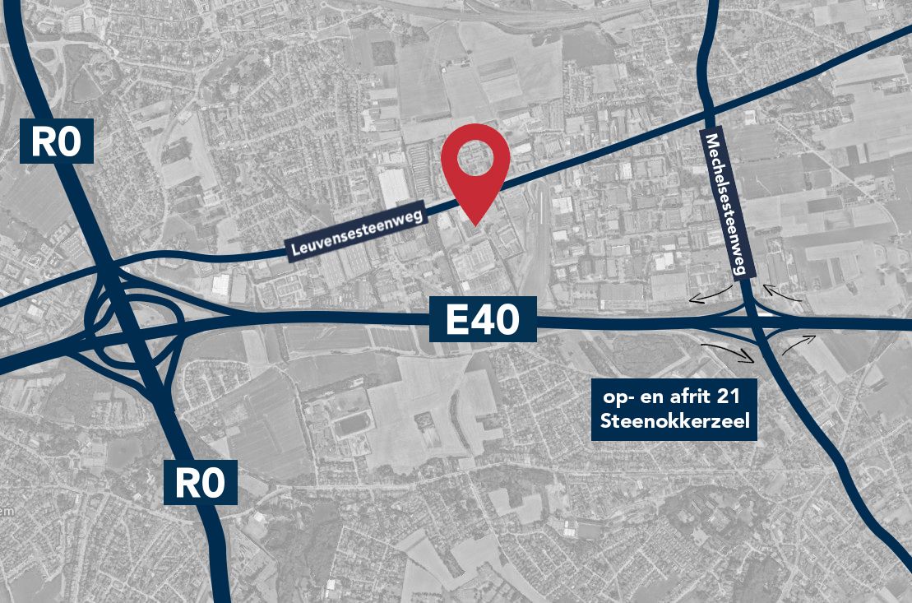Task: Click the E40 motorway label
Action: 484,320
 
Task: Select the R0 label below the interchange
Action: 201,482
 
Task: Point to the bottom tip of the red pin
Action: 475,223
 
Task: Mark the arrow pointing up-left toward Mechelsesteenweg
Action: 780,294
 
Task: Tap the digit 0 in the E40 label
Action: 505,320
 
